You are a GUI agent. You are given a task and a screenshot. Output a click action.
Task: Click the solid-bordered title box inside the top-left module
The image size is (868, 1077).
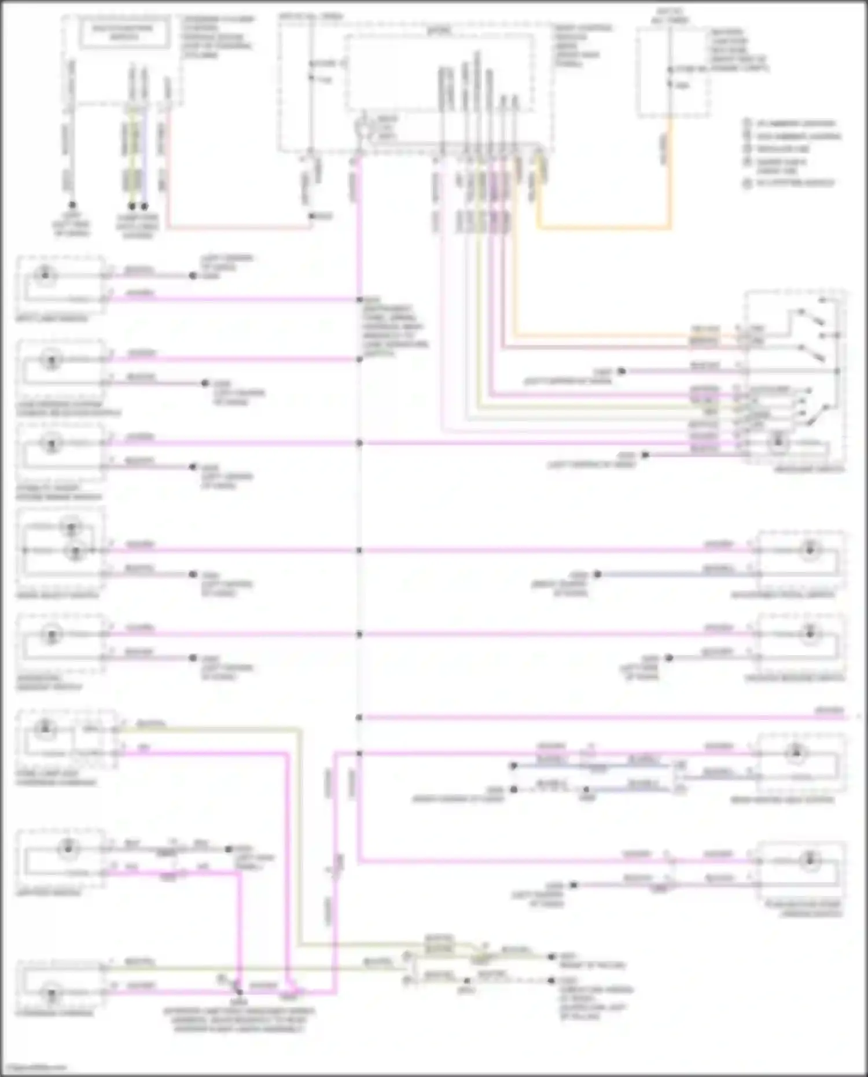click(x=124, y=32)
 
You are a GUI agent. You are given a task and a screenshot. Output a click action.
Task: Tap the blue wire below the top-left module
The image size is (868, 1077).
click(x=145, y=156)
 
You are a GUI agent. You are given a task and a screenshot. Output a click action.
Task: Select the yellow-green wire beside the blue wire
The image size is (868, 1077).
click(x=133, y=156)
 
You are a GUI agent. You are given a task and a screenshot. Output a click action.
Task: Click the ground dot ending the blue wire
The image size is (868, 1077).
click(x=145, y=206)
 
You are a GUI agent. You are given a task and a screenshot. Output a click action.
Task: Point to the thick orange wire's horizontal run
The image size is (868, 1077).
click(x=605, y=227)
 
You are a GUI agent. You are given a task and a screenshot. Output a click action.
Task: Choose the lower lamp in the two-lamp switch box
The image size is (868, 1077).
click(x=75, y=551)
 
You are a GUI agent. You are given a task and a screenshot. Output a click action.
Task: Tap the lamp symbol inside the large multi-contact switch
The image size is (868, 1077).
click(x=779, y=442)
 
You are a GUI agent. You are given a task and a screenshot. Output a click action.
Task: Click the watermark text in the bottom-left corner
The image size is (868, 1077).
click(x=34, y=1067)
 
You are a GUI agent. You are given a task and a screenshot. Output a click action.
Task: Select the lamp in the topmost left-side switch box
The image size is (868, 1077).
click(x=45, y=275)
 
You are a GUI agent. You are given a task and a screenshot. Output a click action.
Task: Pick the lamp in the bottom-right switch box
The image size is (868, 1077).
click(x=809, y=861)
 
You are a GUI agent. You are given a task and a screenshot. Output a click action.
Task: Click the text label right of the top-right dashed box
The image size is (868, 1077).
click(x=738, y=50)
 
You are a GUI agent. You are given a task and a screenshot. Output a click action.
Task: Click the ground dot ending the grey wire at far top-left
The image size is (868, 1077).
click(x=72, y=205)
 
